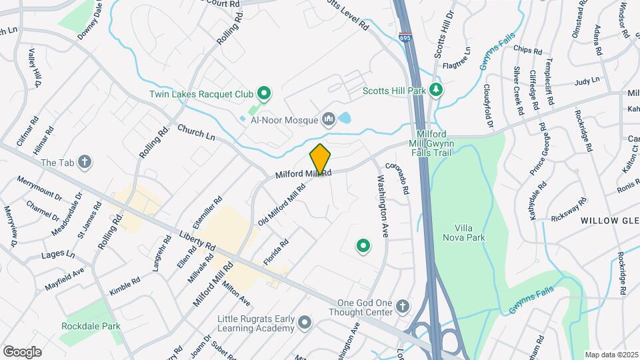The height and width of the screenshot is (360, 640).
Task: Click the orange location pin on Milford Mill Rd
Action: tap(320, 160)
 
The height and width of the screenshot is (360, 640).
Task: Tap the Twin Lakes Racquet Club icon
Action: tap(264, 94)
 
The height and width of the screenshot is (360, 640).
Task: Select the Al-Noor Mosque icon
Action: tap(328, 119)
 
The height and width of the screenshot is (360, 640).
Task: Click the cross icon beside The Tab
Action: tap(84, 161)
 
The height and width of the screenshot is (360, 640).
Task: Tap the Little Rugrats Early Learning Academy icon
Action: tap(305, 323)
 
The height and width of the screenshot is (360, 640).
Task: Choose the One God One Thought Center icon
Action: tap(402, 307)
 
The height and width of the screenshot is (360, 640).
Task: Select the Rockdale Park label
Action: tap(91, 327)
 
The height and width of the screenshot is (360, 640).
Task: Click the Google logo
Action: tap(22, 351)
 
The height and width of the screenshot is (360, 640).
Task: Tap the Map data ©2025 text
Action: tap(611, 355)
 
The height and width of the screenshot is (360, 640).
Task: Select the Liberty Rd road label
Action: tap(197, 241)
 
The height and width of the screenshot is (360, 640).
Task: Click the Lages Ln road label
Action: tap(58, 253)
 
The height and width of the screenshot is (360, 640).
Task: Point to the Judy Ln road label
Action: tap(587, 81)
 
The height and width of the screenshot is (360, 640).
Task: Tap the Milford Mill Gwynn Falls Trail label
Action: tap(434, 143)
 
